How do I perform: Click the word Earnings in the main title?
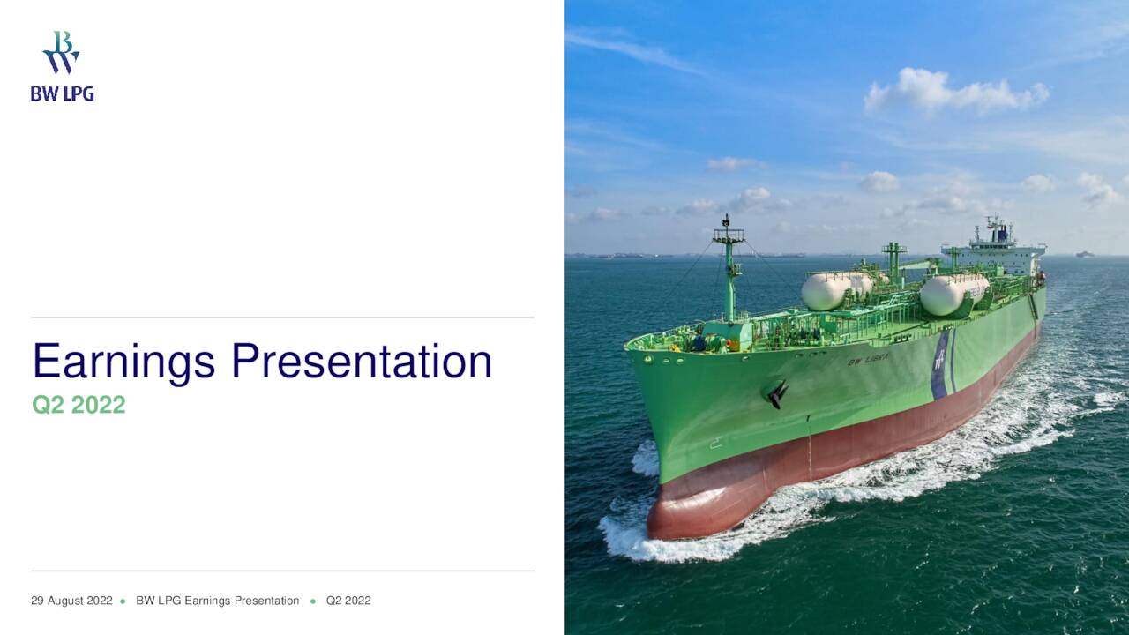(x=123, y=362)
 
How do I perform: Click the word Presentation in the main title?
(x=362, y=362)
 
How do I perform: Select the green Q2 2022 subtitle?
(x=79, y=405)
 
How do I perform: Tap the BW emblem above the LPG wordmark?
(x=61, y=53)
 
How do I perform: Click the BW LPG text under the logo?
(x=62, y=93)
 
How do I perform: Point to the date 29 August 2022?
(x=71, y=601)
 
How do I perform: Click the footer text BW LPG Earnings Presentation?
(x=217, y=601)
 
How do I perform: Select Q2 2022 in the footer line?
(x=348, y=601)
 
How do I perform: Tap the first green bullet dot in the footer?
(x=123, y=601)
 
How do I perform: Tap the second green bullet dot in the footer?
(x=313, y=601)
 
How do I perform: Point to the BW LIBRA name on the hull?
(x=868, y=359)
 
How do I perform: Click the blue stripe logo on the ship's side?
(x=940, y=364)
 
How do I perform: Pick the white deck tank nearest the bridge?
(x=953, y=293)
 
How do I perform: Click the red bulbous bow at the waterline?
(x=697, y=516)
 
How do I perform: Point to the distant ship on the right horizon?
(x=1084, y=254)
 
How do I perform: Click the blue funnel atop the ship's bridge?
(x=1000, y=232)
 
